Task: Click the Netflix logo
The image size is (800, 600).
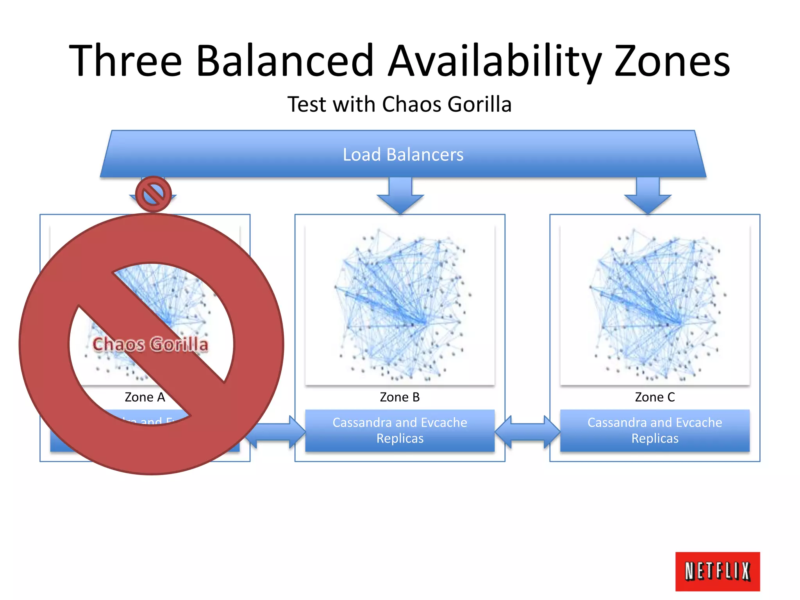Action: tap(717, 571)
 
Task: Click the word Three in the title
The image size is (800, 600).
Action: tap(125, 61)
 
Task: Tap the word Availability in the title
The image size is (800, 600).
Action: tap(494, 61)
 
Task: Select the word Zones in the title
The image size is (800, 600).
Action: tap(672, 61)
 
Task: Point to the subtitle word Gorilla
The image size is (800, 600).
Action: tap(479, 104)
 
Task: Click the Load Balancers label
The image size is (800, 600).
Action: tap(403, 155)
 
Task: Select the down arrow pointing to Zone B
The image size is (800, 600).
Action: tap(400, 195)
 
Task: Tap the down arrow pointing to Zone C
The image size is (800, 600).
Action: tap(648, 195)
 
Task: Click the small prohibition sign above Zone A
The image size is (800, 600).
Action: tap(154, 194)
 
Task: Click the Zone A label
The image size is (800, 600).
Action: tap(145, 397)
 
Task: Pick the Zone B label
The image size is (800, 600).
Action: tap(400, 397)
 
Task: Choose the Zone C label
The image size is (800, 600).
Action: tap(655, 397)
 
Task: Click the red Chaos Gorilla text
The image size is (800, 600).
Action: tap(150, 344)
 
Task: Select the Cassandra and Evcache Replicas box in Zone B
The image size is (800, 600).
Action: tap(400, 430)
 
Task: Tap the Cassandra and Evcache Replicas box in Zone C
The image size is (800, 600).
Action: tap(655, 430)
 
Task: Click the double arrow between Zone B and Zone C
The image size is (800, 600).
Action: tap(527, 432)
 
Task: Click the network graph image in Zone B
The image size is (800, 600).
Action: tap(400, 305)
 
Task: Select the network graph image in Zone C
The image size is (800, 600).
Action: tap(655, 305)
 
